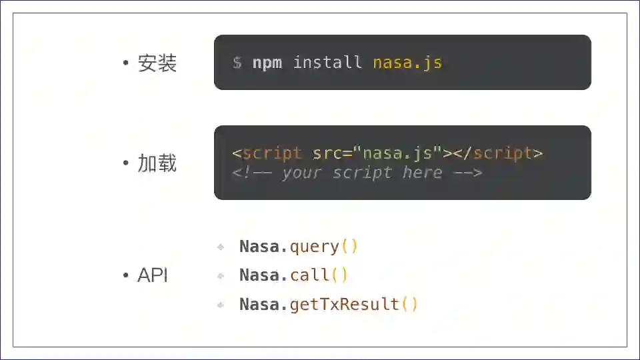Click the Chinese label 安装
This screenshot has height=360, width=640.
(157, 63)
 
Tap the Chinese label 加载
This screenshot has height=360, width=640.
(157, 163)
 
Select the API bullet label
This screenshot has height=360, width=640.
(153, 275)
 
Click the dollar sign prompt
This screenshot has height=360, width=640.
(237, 63)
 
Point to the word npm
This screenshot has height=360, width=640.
(267, 63)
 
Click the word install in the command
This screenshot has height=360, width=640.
(327, 63)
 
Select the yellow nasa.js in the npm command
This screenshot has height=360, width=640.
(407, 63)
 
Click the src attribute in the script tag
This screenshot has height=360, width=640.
(327, 153)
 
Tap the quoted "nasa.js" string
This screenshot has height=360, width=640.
(397, 153)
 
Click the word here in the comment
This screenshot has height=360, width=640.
(422, 173)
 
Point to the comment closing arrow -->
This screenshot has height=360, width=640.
(467, 173)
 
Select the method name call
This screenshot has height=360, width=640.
(309, 275)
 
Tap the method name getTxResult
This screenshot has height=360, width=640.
(344, 305)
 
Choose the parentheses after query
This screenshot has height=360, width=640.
(349, 247)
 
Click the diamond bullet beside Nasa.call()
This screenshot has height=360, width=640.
(221, 276)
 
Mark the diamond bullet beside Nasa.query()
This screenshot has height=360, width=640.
(221, 247)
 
